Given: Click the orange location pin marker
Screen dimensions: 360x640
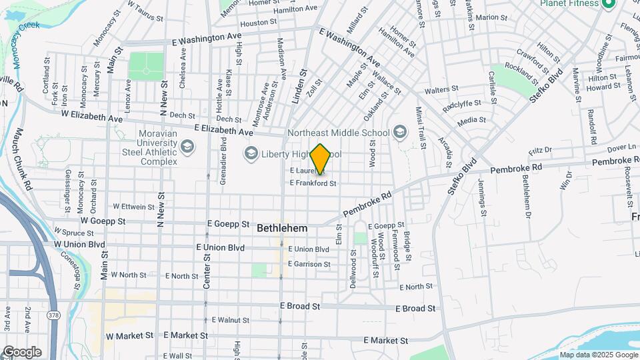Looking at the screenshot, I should click(x=321, y=159).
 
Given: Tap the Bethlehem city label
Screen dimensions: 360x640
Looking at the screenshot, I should click(x=282, y=228).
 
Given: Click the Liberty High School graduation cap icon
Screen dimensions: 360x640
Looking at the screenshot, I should click(x=251, y=154).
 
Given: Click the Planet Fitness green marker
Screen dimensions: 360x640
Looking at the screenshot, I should click(x=608, y=4).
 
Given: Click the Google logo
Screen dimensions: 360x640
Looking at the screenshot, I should click(x=22, y=352).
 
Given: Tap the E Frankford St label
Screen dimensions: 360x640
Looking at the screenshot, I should click(x=312, y=183).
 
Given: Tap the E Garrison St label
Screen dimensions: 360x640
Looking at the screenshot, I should click(x=309, y=264).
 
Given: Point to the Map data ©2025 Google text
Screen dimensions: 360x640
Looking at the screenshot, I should click(x=598, y=355).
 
